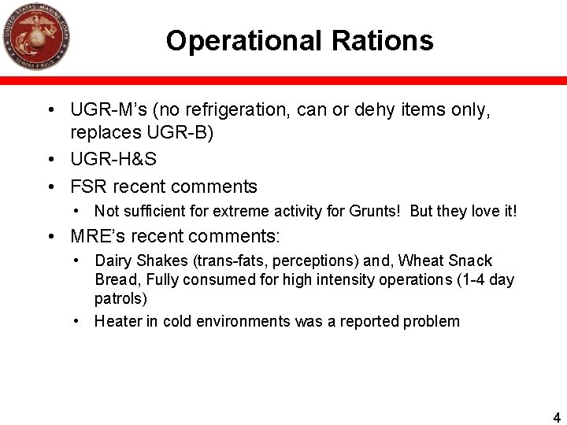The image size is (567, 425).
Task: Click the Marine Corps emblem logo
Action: [x=36, y=36]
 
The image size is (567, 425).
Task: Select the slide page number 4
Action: [x=557, y=418]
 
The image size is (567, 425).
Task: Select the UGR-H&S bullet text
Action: [x=113, y=159]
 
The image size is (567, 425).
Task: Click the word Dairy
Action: [x=113, y=261]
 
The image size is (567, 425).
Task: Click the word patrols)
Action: [x=120, y=299]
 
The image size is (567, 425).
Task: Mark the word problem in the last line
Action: [x=432, y=321]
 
